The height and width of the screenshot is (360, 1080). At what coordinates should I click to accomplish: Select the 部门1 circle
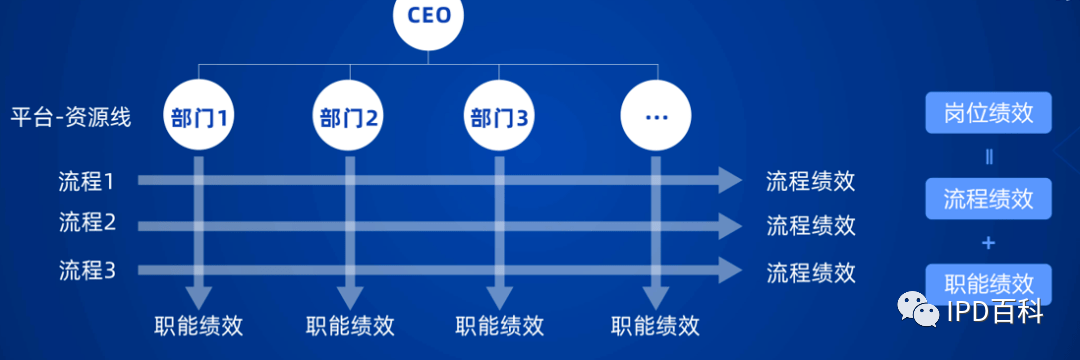coord(199,116)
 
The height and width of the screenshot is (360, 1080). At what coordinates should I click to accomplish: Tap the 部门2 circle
coord(349,116)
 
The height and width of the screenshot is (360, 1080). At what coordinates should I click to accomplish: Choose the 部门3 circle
coord(499,116)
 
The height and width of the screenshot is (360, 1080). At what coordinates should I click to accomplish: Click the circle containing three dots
coord(656,116)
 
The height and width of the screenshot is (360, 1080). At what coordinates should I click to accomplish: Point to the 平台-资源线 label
coord(71,117)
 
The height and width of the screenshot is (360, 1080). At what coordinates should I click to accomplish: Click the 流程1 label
coord(88,182)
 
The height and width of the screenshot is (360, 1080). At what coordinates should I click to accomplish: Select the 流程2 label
coord(88,223)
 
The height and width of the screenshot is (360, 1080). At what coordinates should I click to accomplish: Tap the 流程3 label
coord(88,270)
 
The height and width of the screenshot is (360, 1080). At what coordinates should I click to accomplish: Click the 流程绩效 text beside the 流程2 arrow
coord(811,225)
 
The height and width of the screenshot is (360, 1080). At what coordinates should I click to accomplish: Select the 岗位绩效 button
coord(988,113)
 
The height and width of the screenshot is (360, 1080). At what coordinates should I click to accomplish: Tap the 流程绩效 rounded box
coord(988,198)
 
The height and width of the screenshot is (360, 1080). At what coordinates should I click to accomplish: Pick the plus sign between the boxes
coord(988,242)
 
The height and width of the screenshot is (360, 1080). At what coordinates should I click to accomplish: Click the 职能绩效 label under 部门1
coord(199,326)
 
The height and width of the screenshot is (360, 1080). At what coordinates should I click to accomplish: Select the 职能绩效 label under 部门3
coord(499,326)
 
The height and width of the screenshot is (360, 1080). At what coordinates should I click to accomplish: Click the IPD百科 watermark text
coord(995,313)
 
